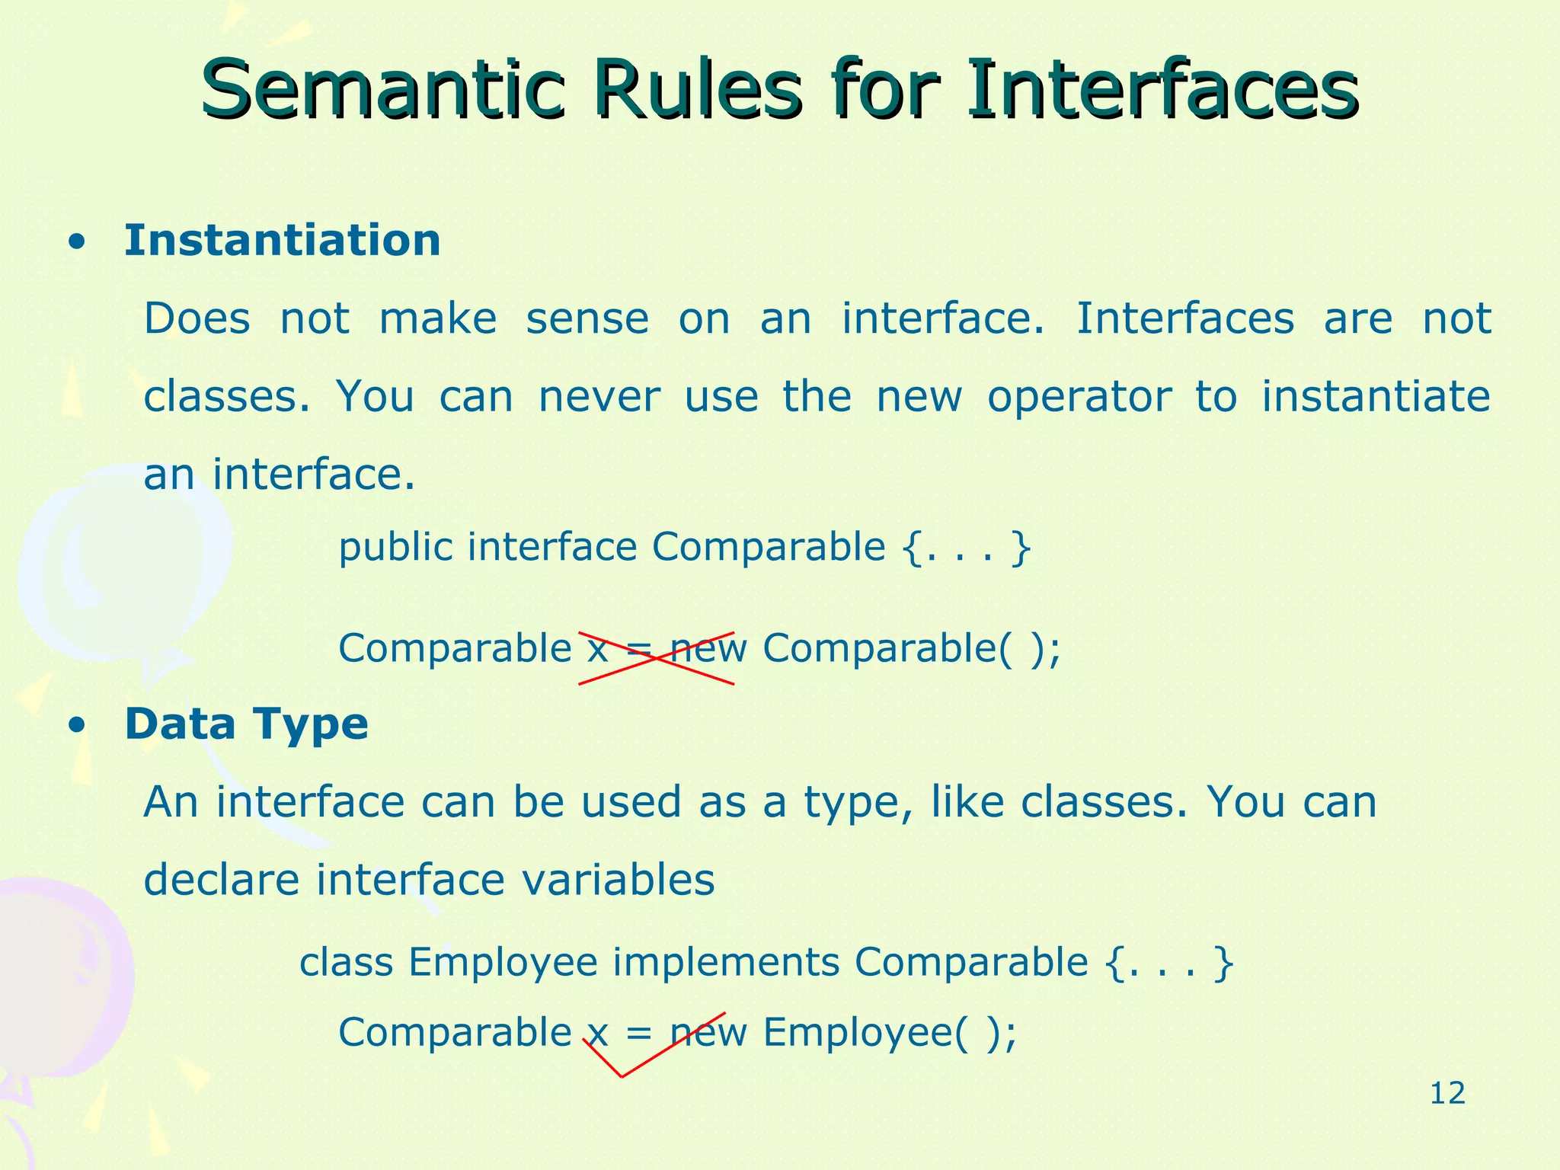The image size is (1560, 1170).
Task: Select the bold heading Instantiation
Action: pos(283,241)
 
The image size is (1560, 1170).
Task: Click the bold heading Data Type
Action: pos(246,724)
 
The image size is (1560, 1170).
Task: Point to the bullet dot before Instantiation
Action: pos(75,244)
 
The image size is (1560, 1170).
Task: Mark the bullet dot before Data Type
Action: pos(75,727)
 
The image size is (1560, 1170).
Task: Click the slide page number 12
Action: pos(1447,1094)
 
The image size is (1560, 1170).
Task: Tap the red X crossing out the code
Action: pos(656,658)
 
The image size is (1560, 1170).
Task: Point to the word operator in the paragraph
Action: pos(1079,398)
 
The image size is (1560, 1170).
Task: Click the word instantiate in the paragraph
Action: pos(1375,396)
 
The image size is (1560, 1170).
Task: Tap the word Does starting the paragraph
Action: pos(197,318)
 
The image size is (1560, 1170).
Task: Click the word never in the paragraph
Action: pos(599,398)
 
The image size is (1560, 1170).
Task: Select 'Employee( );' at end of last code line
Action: pos(890,1034)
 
